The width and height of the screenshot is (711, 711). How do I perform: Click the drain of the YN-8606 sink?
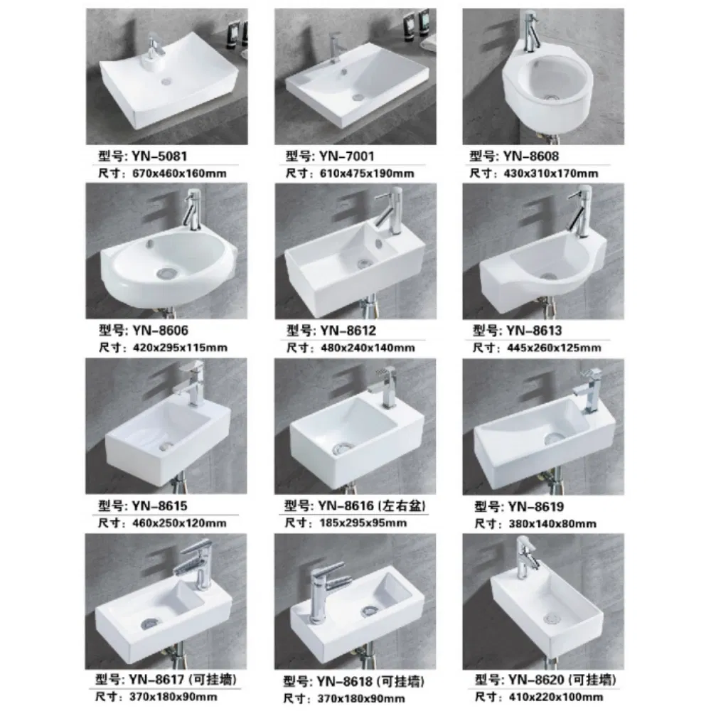(164, 271)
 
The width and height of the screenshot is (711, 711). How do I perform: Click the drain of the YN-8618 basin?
(370, 609)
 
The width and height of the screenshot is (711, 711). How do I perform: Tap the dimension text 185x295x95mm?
(357, 523)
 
